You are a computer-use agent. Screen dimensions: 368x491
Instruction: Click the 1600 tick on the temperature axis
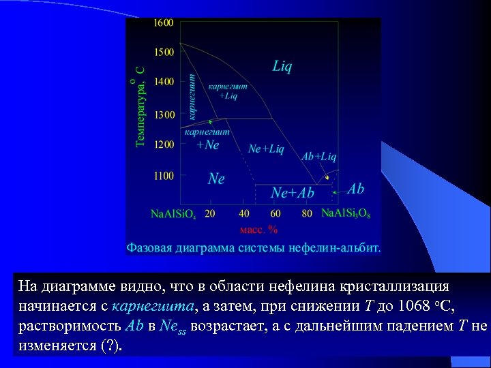[163, 22]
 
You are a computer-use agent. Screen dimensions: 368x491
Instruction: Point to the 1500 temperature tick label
[163, 52]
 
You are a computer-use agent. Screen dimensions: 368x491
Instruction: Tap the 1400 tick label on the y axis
[163, 82]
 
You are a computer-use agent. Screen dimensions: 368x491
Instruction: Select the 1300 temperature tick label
[163, 114]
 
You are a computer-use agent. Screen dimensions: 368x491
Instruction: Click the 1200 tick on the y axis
[163, 144]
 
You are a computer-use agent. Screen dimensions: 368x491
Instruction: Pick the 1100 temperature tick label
[163, 176]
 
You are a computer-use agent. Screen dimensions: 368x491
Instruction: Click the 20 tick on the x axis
[209, 213]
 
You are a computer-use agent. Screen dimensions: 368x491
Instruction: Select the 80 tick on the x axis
[307, 213]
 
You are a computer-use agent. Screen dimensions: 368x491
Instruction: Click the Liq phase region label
[282, 66]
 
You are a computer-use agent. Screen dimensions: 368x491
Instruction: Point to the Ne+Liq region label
[266, 148]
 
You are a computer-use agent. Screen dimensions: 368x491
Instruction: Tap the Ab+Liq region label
[319, 157]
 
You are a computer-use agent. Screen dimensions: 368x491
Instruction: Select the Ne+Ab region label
[293, 193]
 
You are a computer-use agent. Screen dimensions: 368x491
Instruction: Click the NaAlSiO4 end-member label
[173, 214]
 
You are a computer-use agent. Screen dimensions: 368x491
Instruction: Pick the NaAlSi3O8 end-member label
[346, 214]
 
